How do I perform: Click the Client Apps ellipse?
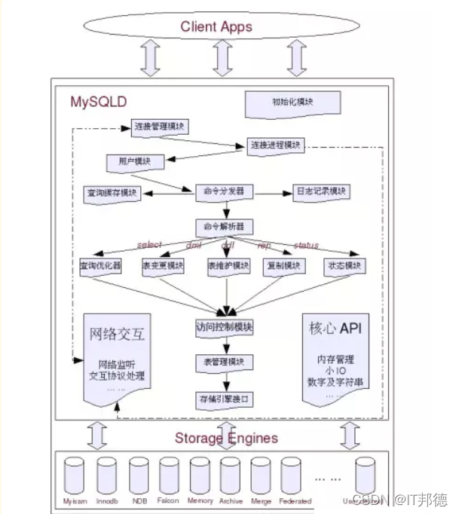click(x=217, y=28)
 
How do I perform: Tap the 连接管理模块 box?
click(x=159, y=126)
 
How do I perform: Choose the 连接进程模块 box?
click(x=276, y=145)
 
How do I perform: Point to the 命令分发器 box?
click(x=224, y=191)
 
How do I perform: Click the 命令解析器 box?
click(x=224, y=226)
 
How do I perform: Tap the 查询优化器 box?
click(x=100, y=267)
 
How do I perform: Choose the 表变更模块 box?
click(x=161, y=267)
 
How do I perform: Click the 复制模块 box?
click(x=283, y=267)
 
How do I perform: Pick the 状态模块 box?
click(x=344, y=267)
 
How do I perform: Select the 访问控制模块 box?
click(x=223, y=328)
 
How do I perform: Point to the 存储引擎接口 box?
click(x=223, y=397)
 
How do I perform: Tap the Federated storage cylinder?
click(x=294, y=476)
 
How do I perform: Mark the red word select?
click(x=150, y=246)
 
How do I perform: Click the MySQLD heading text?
click(x=99, y=101)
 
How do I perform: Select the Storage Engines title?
click(x=226, y=438)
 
